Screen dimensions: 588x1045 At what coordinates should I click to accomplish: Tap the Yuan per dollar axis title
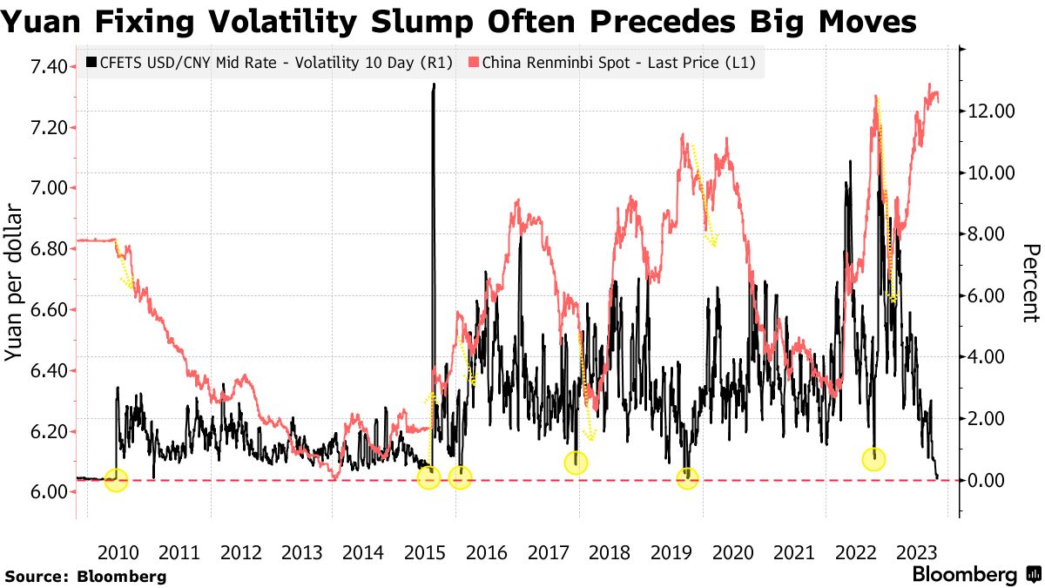click(15, 283)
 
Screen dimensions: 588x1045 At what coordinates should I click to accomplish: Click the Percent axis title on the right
click(1030, 283)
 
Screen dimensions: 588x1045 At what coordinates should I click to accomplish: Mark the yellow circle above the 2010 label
click(116, 479)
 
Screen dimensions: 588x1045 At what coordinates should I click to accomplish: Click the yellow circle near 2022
click(873, 459)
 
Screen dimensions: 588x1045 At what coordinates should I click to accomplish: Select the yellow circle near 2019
click(688, 478)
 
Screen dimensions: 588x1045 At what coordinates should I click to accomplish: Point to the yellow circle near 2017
click(576, 463)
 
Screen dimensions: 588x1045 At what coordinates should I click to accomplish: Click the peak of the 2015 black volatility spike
click(434, 85)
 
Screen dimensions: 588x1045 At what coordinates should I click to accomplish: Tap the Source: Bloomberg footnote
click(85, 576)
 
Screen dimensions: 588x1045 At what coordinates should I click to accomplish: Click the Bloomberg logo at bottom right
click(974, 575)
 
